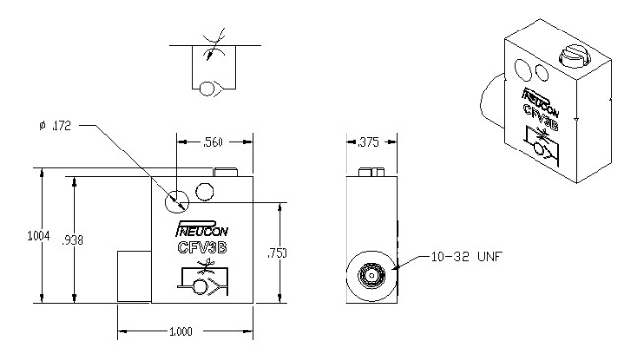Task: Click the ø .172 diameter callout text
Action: tap(55, 126)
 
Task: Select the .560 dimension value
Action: tap(213, 142)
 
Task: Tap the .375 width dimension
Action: tap(368, 142)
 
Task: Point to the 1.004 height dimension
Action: tap(38, 236)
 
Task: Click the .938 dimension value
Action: tap(72, 240)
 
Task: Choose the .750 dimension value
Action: tap(278, 253)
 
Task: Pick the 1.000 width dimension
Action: tap(181, 331)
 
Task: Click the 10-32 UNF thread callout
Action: tap(467, 256)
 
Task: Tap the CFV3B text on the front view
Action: tap(203, 247)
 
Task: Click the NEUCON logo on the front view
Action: tap(202, 228)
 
